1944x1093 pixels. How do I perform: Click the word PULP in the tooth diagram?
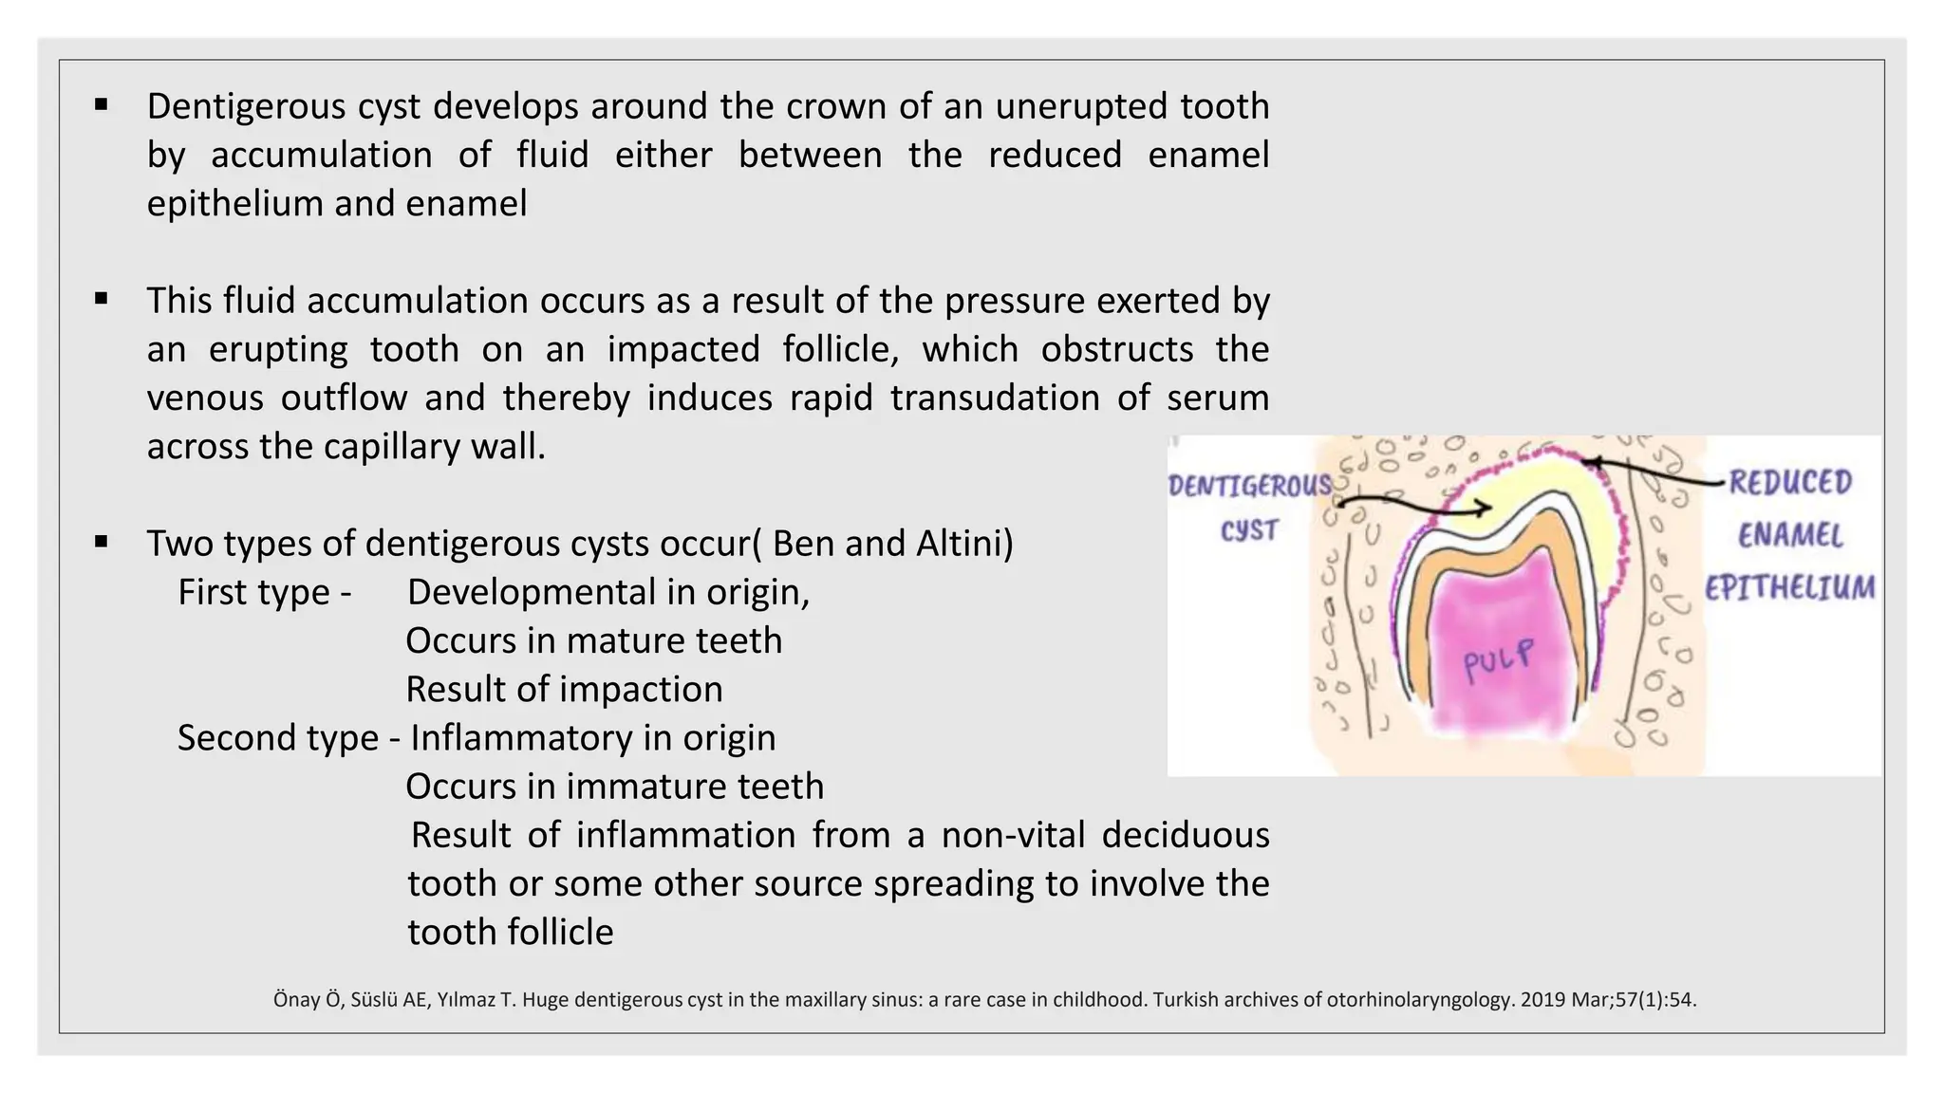1498,659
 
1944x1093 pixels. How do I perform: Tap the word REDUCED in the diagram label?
1789,482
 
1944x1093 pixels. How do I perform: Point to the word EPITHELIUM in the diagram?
1789,588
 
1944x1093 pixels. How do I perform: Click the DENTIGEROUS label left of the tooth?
1249,487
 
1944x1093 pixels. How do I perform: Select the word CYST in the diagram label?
1249,530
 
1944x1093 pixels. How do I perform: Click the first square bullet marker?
102,104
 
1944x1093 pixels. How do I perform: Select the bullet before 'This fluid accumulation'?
102,299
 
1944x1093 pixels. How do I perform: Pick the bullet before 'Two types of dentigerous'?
102,542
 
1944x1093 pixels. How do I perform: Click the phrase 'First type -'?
264,592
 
